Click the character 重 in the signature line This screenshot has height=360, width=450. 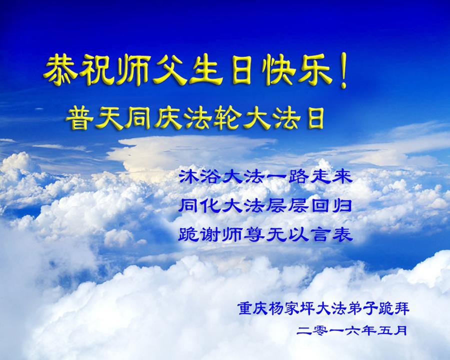[245, 309]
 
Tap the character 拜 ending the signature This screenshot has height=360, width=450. [402, 309]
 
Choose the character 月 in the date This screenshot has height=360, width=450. [400, 330]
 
